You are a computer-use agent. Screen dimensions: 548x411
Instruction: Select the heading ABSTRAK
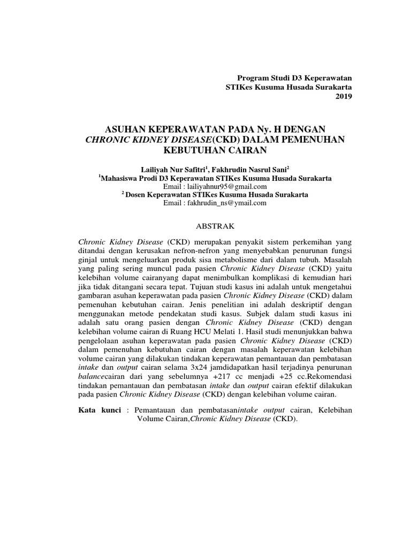point(206,226)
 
